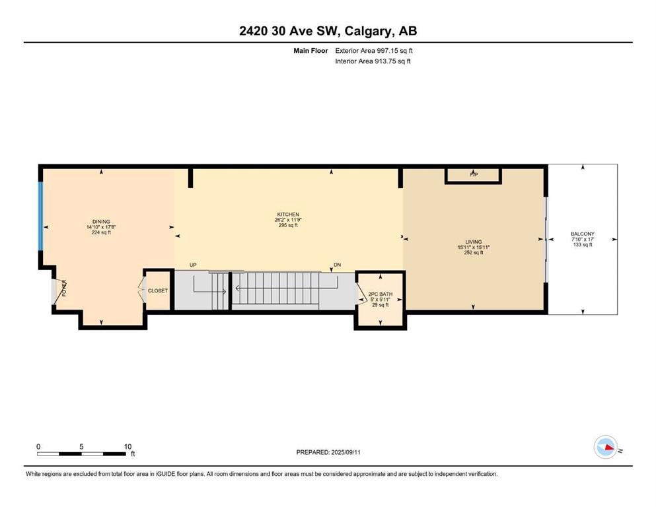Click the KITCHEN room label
288,215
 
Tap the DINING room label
101,222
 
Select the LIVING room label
474,242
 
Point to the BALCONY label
583,234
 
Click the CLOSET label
158,290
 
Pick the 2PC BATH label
381,294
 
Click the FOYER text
65,288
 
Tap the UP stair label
193,265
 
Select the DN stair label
337,265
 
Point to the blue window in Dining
40,216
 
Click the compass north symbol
606,447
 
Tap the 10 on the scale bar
128,446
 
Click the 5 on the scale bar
81,446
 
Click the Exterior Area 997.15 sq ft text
374,51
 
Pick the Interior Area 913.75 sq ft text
373,61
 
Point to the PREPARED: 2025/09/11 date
328,452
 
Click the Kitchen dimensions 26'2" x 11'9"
288,220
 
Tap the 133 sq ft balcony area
583,245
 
